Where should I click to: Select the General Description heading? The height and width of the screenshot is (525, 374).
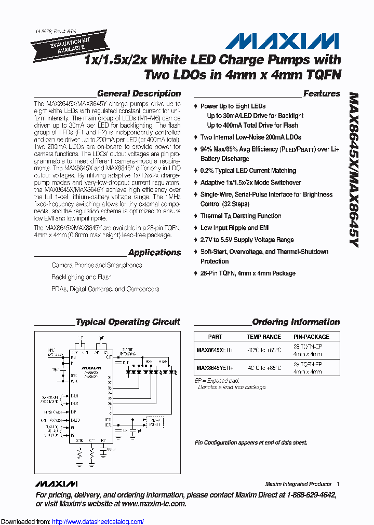[x=139, y=94]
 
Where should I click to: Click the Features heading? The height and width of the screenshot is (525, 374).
[x=322, y=94]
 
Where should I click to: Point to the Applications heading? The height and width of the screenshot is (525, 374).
[x=154, y=253]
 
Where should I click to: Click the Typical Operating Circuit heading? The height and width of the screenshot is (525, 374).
[x=128, y=322]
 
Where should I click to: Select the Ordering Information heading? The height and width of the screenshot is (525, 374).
[x=296, y=322]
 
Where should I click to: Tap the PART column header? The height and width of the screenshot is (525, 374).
[x=215, y=337]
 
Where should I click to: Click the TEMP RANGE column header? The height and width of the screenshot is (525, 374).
[x=264, y=337]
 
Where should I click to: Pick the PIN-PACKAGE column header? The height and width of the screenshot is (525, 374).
[x=311, y=337]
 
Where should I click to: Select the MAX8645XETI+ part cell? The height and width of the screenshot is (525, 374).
[x=215, y=350]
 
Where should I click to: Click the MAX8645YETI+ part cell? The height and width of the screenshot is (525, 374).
[x=215, y=368]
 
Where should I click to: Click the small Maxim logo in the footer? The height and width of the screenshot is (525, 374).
[x=56, y=483]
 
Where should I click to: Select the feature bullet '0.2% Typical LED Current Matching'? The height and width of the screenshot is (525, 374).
[x=248, y=171]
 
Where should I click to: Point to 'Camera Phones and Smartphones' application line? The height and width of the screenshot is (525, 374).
[x=97, y=265]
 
